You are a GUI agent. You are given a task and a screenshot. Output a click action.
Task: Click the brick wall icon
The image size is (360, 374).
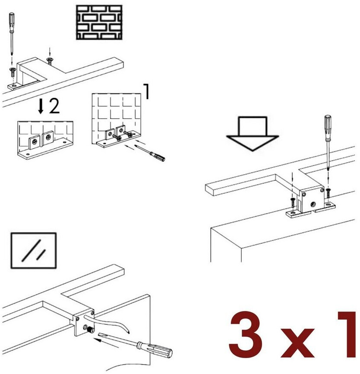pos(99,22)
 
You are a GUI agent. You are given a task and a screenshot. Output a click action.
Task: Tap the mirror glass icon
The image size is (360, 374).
pos(34,250)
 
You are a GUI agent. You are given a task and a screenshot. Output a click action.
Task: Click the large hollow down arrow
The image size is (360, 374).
pos(253,134)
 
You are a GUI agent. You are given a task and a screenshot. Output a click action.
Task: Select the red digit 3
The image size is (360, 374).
pos(246,334)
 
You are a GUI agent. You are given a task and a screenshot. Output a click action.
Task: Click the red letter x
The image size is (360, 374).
pos(297,343)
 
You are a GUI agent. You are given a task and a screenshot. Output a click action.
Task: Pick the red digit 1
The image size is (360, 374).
pos(347,334)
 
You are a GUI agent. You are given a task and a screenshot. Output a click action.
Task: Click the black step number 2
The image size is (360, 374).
pos(54,106)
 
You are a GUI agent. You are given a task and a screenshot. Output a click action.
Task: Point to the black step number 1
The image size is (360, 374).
pos(146,91)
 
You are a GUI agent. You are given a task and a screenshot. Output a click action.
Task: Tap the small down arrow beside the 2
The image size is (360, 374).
pos(41,107)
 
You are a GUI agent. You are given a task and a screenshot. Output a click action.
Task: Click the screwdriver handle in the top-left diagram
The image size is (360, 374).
pos(12,22)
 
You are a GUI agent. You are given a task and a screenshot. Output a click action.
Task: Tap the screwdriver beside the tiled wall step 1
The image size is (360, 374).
pos(150,153)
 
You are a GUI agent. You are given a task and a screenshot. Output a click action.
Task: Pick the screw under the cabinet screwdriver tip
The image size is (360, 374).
pos(328,193)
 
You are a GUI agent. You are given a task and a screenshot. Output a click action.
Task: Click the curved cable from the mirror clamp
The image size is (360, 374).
pos(108,323)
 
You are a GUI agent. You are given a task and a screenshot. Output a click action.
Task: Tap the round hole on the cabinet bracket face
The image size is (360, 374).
pos(313,204)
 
